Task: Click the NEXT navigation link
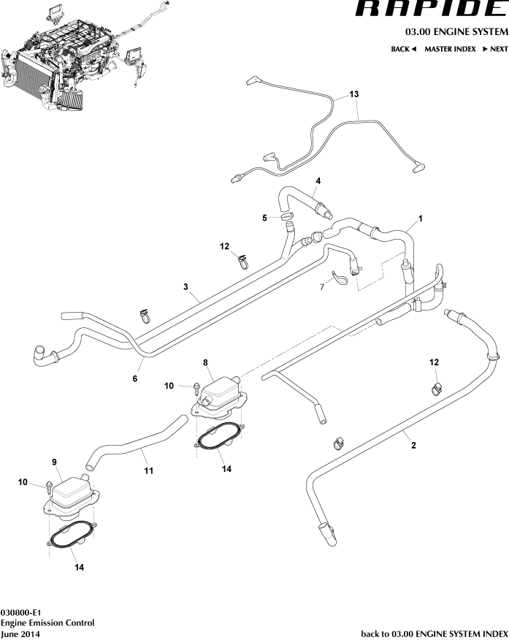coord(494,49)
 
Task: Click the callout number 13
coord(354,95)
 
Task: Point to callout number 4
coord(318,180)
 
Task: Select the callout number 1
coord(421,218)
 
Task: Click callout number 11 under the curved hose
coord(148,471)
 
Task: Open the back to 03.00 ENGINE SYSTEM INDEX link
coord(434,634)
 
